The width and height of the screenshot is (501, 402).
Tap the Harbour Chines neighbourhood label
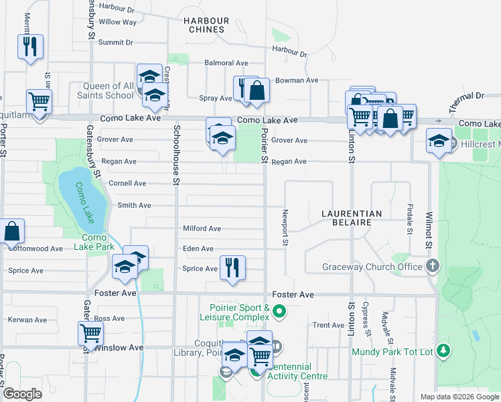click(x=206, y=25)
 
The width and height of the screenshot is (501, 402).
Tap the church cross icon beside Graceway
click(x=433, y=266)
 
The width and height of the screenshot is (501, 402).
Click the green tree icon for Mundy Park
click(x=442, y=350)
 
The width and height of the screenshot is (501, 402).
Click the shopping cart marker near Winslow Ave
click(x=90, y=332)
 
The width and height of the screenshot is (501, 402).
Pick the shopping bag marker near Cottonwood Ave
click(x=13, y=231)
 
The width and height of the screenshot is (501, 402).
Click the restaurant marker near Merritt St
click(x=29, y=46)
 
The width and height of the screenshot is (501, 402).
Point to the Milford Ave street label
click(x=202, y=228)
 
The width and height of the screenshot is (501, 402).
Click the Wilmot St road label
click(x=427, y=227)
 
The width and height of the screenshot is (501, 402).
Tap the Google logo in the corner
click(x=23, y=394)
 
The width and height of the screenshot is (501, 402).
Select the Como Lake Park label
click(x=99, y=242)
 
